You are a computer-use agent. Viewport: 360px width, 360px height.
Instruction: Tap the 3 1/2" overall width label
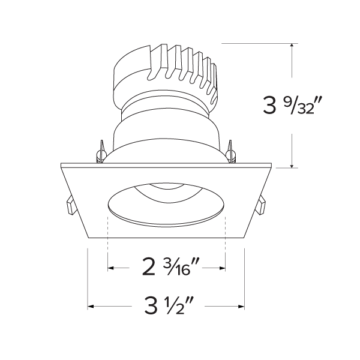166,308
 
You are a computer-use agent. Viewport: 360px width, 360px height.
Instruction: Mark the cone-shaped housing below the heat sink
166,135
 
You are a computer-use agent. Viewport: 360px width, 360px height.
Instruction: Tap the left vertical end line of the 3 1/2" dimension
89,279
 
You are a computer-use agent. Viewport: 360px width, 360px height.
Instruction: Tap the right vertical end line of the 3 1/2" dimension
244,279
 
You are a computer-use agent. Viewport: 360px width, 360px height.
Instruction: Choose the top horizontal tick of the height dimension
292,44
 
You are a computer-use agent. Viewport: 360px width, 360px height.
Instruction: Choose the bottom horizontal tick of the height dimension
292,168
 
